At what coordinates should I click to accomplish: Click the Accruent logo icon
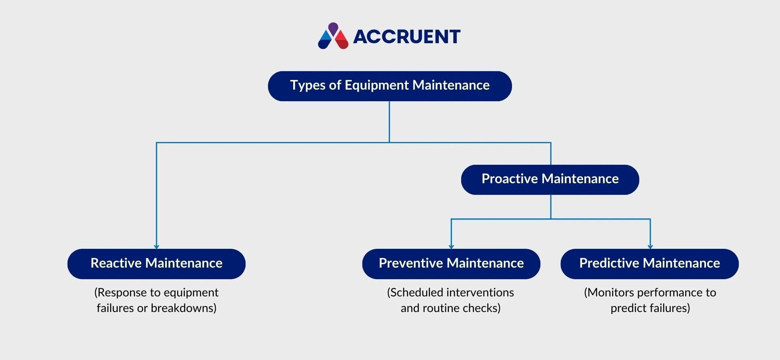click(333, 36)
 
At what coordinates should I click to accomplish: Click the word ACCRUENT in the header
click(407, 37)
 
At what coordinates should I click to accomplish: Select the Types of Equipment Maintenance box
click(390, 86)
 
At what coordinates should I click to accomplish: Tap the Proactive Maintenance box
click(550, 180)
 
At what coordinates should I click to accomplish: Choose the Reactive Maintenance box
click(156, 264)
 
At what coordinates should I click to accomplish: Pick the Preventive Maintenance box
click(451, 264)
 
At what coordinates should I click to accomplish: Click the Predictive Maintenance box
click(650, 264)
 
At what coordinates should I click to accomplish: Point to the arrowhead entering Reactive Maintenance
click(156, 246)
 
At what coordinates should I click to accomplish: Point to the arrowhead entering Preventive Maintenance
click(451, 246)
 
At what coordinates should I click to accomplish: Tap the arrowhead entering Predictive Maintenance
click(650, 246)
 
